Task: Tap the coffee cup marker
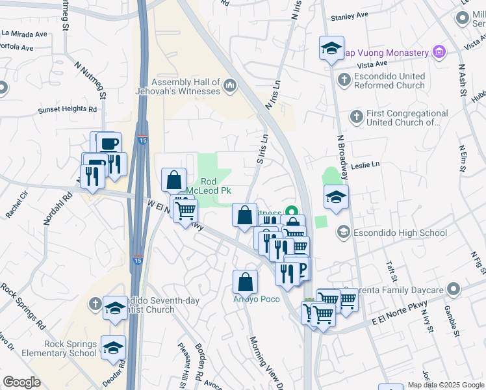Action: tap(109, 144)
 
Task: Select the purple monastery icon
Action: tap(439, 52)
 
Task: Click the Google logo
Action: tap(21, 382)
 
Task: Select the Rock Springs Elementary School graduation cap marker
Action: tap(113, 347)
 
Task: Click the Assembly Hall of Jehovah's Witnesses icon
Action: tap(230, 85)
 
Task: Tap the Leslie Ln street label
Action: tap(365, 165)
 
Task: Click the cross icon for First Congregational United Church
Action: tap(355, 117)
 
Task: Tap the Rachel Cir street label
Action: tap(16, 204)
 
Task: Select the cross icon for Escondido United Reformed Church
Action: tap(345, 81)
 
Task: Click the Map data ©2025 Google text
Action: tap(445, 385)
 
